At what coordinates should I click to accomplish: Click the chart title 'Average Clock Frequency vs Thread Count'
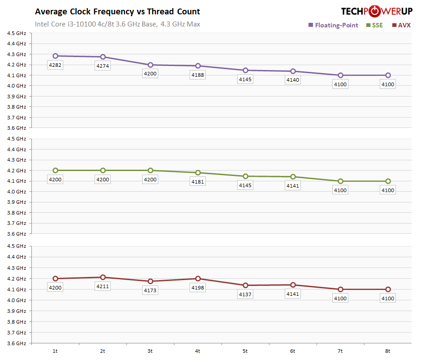point(117,12)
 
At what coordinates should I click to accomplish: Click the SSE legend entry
point(374,25)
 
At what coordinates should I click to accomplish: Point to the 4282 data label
point(55,65)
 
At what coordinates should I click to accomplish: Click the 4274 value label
point(103,66)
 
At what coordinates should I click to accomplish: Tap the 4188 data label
point(198,75)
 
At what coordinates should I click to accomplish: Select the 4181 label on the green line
point(198,182)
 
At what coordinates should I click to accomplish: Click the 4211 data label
point(103,286)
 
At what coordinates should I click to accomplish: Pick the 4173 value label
point(150,290)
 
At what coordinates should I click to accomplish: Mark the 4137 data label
point(245,294)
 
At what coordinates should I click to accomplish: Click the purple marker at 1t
point(55,56)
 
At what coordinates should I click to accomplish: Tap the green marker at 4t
point(198,173)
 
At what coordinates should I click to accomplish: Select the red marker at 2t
point(103,277)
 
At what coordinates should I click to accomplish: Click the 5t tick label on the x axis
point(245,351)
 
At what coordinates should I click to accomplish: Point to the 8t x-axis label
point(388,351)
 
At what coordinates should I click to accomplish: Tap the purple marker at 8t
point(388,75)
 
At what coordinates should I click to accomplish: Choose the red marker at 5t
point(245,285)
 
